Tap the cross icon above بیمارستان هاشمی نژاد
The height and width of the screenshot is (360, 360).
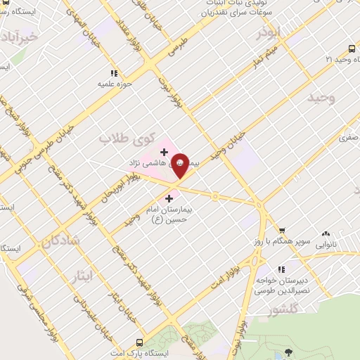(x=164, y=151)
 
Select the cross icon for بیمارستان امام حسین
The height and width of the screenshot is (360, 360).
(x=169, y=199)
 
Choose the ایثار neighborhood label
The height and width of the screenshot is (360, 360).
(x=82, y=276)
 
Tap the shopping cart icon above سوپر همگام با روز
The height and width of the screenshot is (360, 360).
(x=281, y=231)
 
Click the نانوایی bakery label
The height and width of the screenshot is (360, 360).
(x=326, y=245)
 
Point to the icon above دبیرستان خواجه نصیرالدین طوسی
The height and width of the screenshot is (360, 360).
(x=281, y=269)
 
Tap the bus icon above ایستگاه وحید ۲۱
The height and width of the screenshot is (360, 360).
(x=352, y=49)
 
